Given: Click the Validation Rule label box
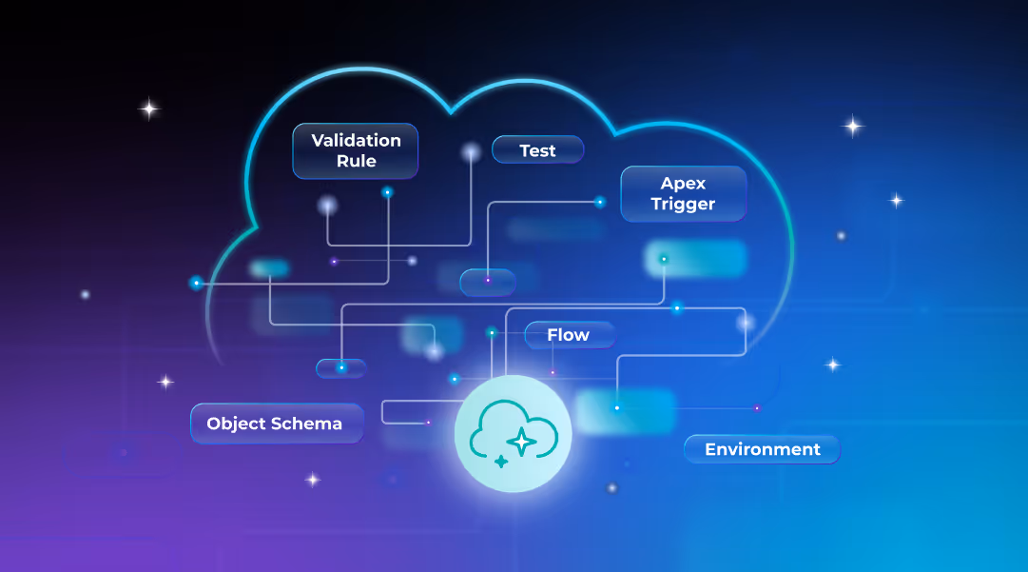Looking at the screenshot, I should click(x=356, y=150).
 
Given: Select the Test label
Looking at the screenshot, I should click(x=537, y=150).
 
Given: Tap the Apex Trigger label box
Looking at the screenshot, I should click(x=683, y=194).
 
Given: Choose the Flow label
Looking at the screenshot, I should click(x=569, y=335).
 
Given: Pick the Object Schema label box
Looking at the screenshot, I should click(x=276, y=424).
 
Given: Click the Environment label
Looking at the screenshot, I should click(x=762, y=449).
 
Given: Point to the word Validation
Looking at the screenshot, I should click(x=357, y=140).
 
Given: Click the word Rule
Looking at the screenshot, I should click(x=357, y=162).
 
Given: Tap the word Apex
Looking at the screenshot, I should click(x=684, y=183).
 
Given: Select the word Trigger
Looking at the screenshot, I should click(x=683, y=205).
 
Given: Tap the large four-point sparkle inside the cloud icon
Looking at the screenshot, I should click(x=521, y=442).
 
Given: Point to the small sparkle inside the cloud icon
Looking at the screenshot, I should click(x=501, y=462).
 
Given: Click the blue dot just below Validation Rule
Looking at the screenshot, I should click(x=387, y=192).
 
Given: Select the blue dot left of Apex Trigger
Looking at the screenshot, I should click(x=600, y=202).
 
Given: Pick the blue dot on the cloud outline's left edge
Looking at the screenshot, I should click(x=196, y=283).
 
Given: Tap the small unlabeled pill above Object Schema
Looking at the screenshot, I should click(x=340, y=367).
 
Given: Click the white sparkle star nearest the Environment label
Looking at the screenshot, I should click(x=833, y=365).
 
